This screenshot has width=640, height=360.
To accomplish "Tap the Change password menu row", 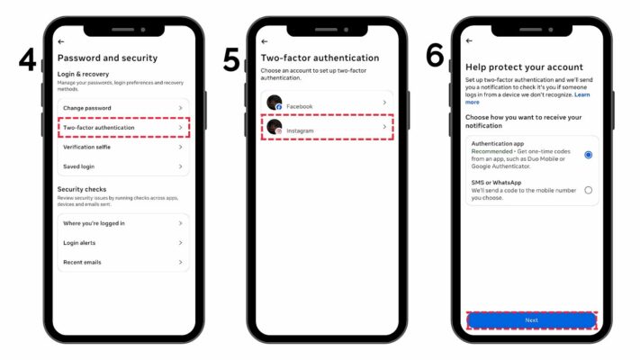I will click(x=122, y=108).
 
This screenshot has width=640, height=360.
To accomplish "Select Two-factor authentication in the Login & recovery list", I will click(x=122, y=128).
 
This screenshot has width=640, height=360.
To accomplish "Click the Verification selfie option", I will click(x=122, y=147).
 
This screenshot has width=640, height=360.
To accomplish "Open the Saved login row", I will click(x=122, y=166).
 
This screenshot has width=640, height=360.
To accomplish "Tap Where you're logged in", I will click(x=122, y=223).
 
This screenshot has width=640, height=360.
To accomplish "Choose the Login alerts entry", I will click(x=122, y=243).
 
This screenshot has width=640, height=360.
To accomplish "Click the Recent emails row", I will click(x=122, y=262).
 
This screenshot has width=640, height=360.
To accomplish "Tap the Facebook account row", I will click(x=326, y=105).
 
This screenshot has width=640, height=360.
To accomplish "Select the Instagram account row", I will click(x=326, y=128).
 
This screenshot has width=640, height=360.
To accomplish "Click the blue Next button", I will click(x=531, y=320).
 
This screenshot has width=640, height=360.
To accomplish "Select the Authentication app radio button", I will click(x=588, y=155).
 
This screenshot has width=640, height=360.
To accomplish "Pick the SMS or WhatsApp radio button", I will click(x=588, y=190).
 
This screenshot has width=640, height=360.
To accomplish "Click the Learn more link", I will click(x=581, y=94).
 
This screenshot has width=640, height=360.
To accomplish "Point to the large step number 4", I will click(x=27, y=60).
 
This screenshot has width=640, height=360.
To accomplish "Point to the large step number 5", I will click(x=231, y=60).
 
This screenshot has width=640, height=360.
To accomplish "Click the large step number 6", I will click(x=435, y=56).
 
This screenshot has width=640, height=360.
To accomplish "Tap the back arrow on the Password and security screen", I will click(x=60, y=41).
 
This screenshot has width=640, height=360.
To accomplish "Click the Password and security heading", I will click(x=107, y=58).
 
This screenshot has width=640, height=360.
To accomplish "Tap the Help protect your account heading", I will click(x=524, y=67).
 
